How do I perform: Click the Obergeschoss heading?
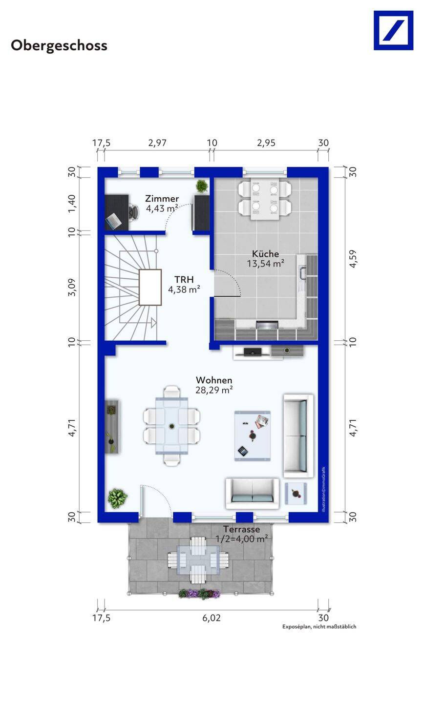[x=59, y=45]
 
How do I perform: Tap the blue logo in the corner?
[x=393, y=30]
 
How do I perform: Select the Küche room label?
[x=265, y=253]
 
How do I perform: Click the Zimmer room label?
[x=162, y=198]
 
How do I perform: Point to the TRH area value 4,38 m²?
[x=184, y=289]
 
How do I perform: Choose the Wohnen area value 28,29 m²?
[x=214, y=390]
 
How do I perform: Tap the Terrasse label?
[x=241, y=529]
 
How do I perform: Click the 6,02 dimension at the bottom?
[x=212, y=618]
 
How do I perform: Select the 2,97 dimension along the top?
[x=157, y=143]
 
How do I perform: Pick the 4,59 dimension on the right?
[x=353, y=259]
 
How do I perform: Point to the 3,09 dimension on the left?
[x=72, y=287]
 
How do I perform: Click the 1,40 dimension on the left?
[x=72, y=204]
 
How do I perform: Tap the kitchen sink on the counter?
[x=302, y=272]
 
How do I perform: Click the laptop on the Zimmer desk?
[x=113, y=220]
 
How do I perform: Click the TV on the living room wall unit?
[x=253, y=352]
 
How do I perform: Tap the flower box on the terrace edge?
[x=199, y=594]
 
